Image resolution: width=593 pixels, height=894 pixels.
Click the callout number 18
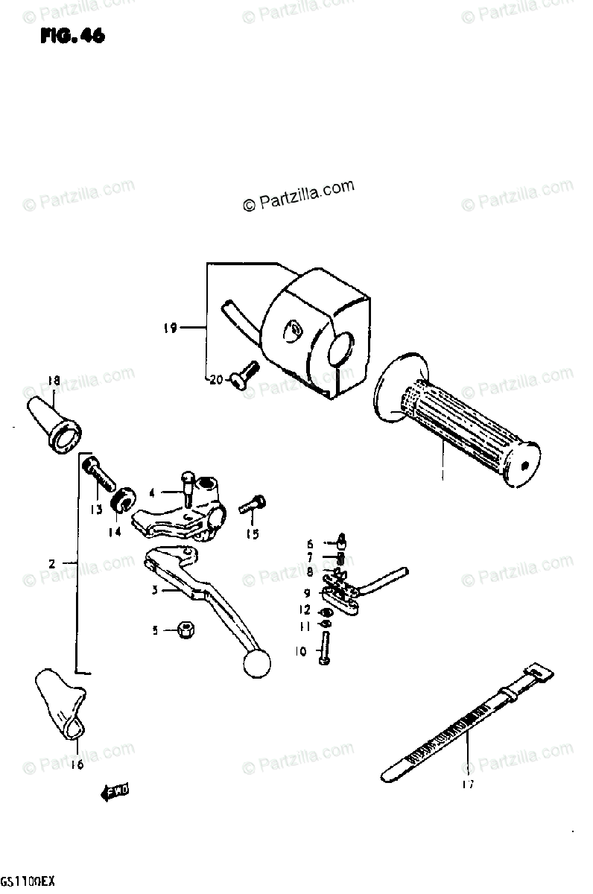click(53, 381)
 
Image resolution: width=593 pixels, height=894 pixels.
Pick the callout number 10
click(301, 651)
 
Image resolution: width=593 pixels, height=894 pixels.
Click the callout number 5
click(155, 630)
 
